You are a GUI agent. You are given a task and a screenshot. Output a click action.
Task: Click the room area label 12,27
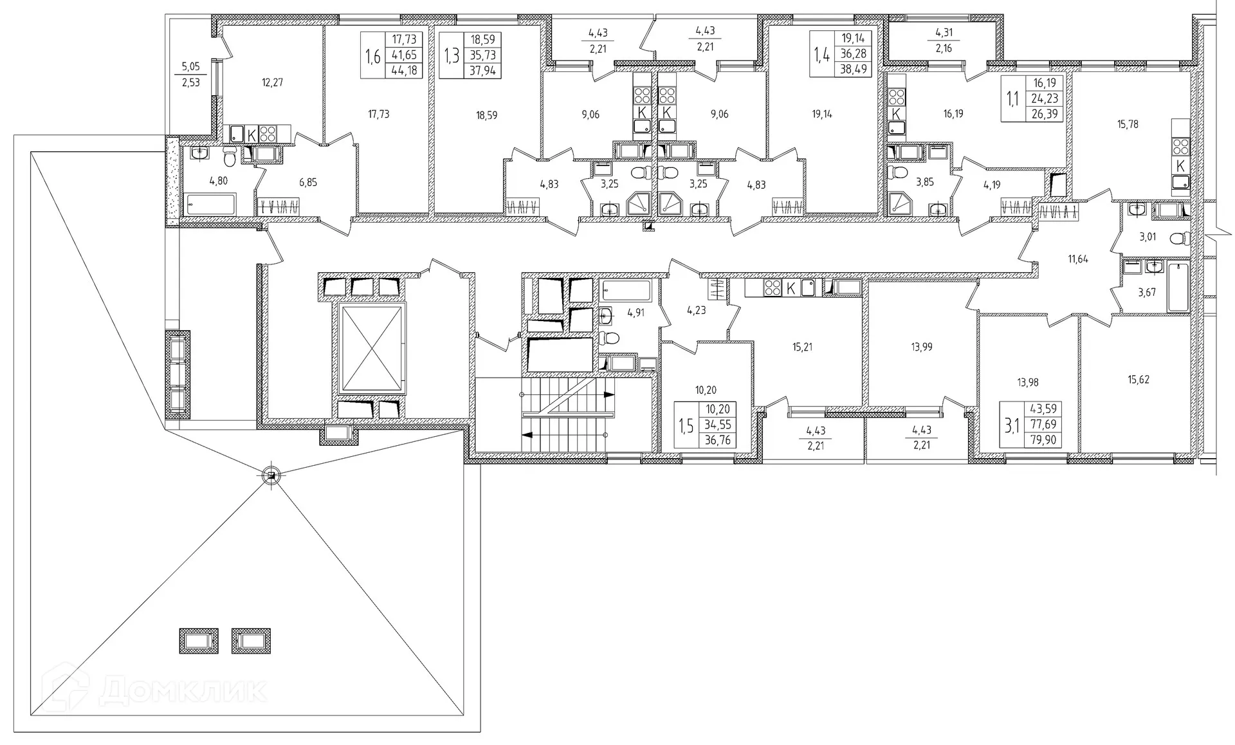272,82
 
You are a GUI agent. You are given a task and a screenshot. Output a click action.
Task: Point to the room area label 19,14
822,115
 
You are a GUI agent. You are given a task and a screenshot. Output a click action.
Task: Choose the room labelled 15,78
1128,124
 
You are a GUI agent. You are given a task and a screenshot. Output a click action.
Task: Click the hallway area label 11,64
1078,260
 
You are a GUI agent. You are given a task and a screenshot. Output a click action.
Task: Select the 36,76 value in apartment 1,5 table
717,441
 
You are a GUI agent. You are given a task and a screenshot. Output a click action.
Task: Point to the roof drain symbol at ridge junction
271,475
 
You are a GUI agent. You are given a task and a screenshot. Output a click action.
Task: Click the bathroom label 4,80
218,181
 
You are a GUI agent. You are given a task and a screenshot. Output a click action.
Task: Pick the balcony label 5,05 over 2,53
190,74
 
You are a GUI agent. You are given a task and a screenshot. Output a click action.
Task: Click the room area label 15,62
1138,380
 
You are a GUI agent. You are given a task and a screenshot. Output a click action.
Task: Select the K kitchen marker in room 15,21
791,288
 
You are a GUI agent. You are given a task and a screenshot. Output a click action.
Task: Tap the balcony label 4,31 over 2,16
944,39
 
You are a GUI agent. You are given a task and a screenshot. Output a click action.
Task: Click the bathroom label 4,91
635,313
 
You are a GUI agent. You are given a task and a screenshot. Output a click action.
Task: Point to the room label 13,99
921,347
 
